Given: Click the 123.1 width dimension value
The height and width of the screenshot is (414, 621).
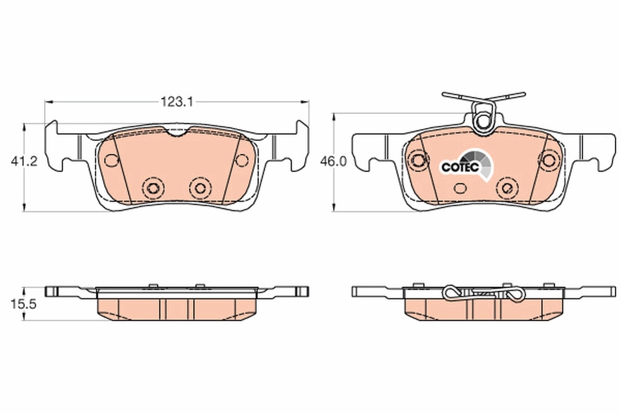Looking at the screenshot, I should (x=176, y=102).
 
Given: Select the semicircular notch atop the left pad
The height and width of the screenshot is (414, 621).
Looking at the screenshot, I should (x=177, y=133).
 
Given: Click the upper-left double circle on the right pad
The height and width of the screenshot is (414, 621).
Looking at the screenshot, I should (x=417, y=160).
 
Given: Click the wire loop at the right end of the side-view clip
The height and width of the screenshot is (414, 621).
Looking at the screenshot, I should (x=516, y=295).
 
